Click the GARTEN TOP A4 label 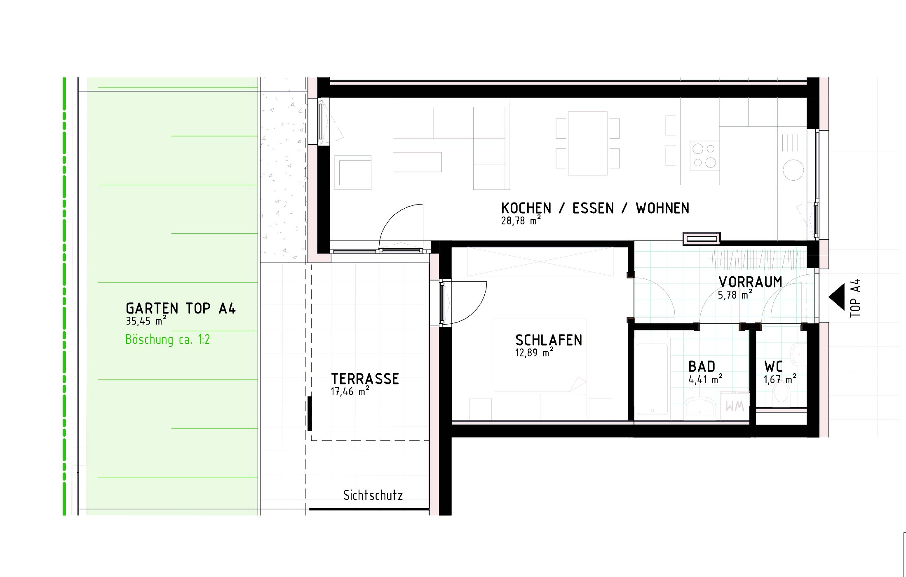tap(181, 308)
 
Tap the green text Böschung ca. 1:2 tap(167, 339)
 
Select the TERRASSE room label tap(365, 379)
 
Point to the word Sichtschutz tap(373, 495)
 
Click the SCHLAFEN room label tap(549, 340)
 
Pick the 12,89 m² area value tap(534, 353)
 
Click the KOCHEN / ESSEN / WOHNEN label tap(595, 208)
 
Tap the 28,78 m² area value tap(521, 220)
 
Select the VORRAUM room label tap(750, 282)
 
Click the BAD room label tap(702, 367)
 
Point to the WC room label tap(773, 367)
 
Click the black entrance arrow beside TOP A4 tap(837, 297)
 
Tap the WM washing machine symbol tap(735, 406)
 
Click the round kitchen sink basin tap(793, 170)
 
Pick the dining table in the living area tap(588, 143)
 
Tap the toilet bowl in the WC tap(781, 393)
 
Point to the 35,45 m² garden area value tap(146, 320)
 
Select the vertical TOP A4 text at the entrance tap(855, 298)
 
